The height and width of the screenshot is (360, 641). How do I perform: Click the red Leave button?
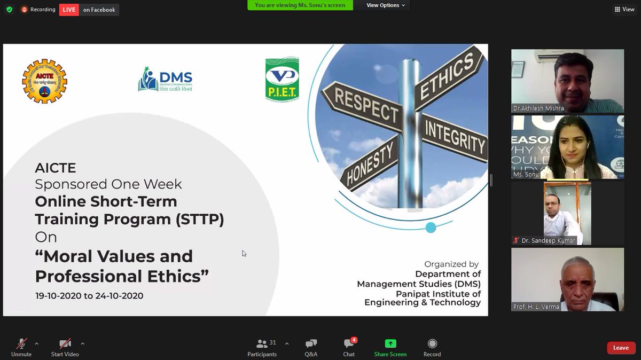(x=621, y=348)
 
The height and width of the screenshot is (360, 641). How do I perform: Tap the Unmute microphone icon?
(x=21, y=343)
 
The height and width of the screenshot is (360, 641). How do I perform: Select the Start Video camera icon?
(x=65, y=343)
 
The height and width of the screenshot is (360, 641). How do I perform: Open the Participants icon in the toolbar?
(x=262, y=343)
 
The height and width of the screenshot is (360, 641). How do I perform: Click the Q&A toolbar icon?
(x=311, y=343)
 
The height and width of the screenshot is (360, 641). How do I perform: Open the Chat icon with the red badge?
(x=349, y=343)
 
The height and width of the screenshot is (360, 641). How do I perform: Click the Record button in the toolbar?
(x=432, y=343)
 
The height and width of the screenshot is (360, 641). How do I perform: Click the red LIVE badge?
(x=69, y=10)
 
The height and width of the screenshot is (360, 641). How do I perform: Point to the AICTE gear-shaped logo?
(x=44, y=81)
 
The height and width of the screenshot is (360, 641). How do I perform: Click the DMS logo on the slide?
(x=165, y=80)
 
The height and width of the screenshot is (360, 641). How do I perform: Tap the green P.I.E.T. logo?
(x=282, y=79)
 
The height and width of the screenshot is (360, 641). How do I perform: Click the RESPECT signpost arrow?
(x=364, y=105)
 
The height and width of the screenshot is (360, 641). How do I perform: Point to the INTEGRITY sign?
(x=454, y=138)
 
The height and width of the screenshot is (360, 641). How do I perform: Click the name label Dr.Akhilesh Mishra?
(x=538, y=108)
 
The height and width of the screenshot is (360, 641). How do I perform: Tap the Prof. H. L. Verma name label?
(x=536, y=307)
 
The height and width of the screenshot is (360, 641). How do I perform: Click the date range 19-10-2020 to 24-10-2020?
(x=89, y=295)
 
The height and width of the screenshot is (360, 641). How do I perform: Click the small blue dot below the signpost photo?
(x=431, y=228)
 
